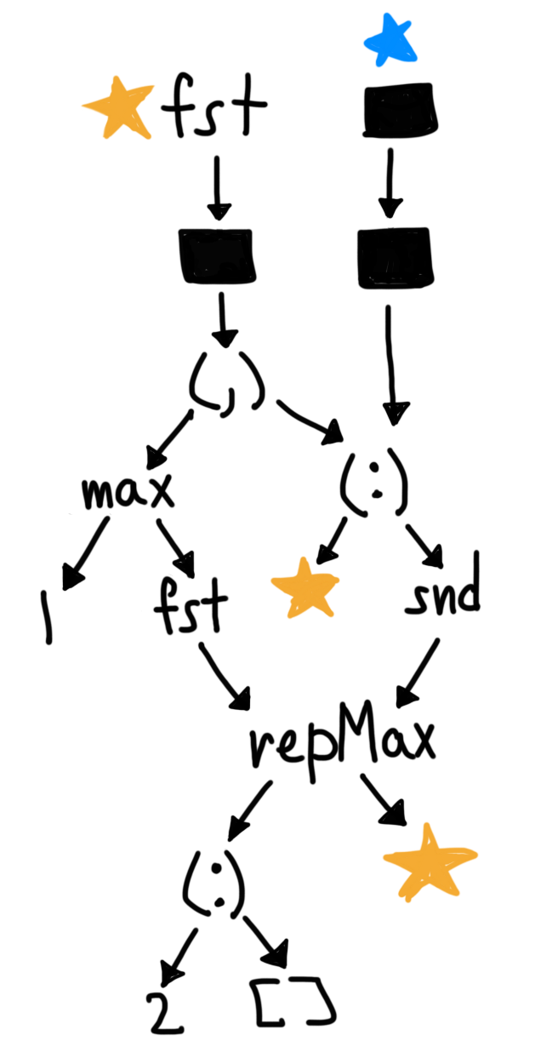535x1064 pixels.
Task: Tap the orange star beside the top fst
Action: coord(118,109)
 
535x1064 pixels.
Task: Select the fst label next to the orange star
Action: coord(215,107)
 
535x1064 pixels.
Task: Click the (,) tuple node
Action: coord(226,388)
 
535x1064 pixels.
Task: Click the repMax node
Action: coord(342,743)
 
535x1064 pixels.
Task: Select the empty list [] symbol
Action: coord(293,1004)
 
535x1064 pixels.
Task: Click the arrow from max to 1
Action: coord(85,553)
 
